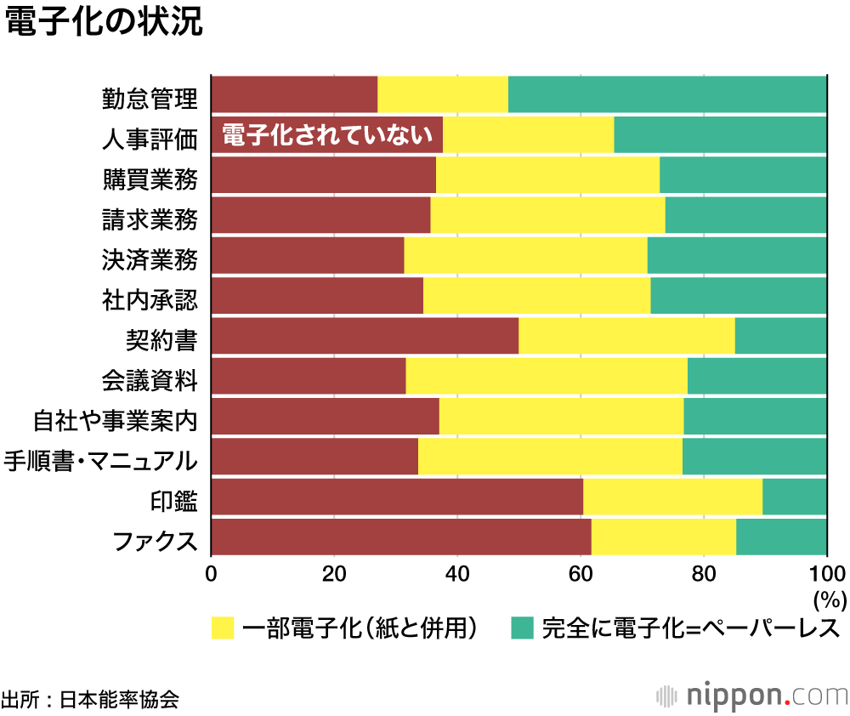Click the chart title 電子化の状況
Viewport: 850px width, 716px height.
coord(104,23)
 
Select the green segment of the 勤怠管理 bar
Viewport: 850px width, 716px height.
coord(667,94)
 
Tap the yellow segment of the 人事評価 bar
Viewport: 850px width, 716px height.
coord(528,134)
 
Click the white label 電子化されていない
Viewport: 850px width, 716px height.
coord(327,135)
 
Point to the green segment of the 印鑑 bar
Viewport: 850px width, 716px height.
coord(794,497)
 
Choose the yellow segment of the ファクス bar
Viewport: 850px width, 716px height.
coord(663,537)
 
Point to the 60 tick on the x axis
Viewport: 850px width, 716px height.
coord(581,572)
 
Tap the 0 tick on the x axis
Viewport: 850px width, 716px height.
coord(211,572)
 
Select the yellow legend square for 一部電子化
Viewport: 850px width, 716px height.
coord(222,628)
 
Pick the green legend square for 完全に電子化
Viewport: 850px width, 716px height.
coord(521,628)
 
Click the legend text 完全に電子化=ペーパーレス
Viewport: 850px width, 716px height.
coord(690,628)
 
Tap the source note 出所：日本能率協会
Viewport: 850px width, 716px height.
coord(90,699)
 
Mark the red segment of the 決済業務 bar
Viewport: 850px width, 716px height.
coord(307,255)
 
